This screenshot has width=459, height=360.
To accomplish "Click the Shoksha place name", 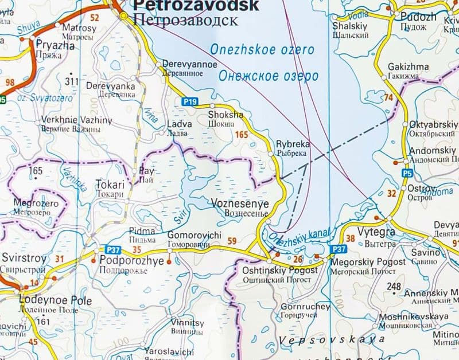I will click(224, 115).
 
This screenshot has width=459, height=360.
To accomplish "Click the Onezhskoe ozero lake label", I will click(262, 50).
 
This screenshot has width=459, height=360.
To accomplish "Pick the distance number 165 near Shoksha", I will click(242, 135).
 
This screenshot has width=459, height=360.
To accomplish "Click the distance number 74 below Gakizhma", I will click(390, 98).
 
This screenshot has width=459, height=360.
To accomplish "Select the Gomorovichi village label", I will click(194, 235).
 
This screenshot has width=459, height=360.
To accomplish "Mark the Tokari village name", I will click(110, 185).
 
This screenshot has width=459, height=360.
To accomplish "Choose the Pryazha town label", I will click(56, 45).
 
